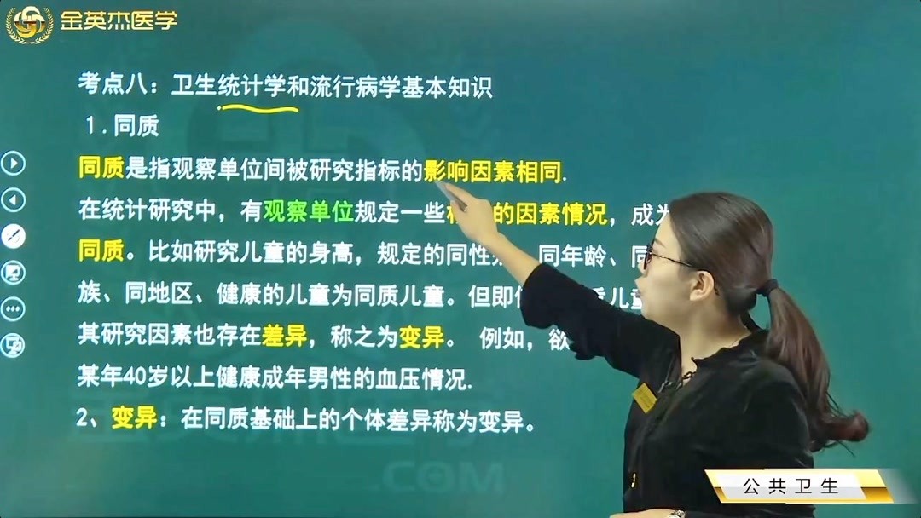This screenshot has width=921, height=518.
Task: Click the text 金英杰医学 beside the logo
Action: pos(117,20)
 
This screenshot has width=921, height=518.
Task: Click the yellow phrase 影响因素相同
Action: pos(495,171)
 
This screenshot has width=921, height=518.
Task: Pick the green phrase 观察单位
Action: pos(308,213)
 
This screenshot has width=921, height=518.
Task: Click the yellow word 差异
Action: pos(284,337)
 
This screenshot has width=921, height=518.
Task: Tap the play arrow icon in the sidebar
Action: pos(13,163)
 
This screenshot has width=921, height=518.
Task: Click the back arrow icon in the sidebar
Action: pos(13,200)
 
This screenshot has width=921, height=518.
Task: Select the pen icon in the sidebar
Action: pos(13,236)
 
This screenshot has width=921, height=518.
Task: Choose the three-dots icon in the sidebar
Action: pos(13,308)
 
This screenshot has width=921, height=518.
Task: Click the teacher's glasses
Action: pos(665,256)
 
